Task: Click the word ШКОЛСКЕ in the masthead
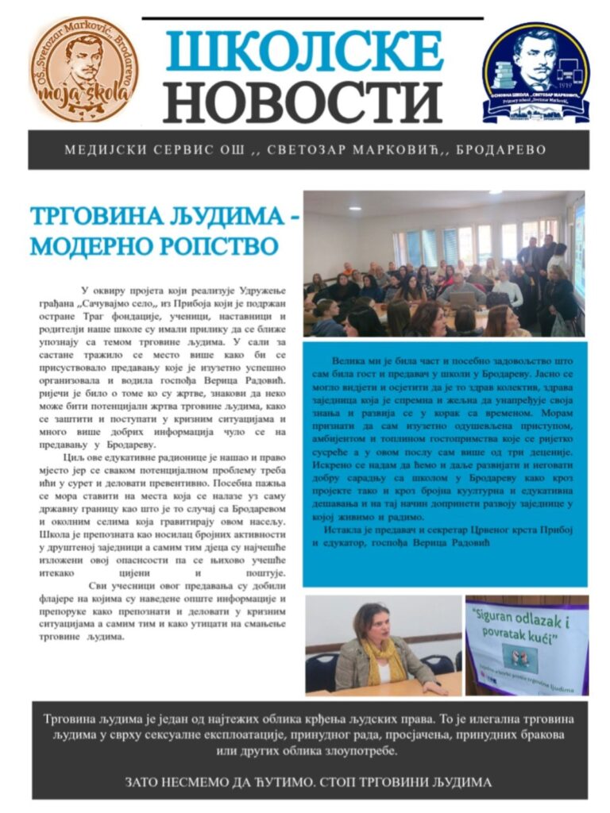click(304, 50)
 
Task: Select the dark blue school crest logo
click(537, 71)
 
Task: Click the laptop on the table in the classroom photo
click(462, 300)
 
